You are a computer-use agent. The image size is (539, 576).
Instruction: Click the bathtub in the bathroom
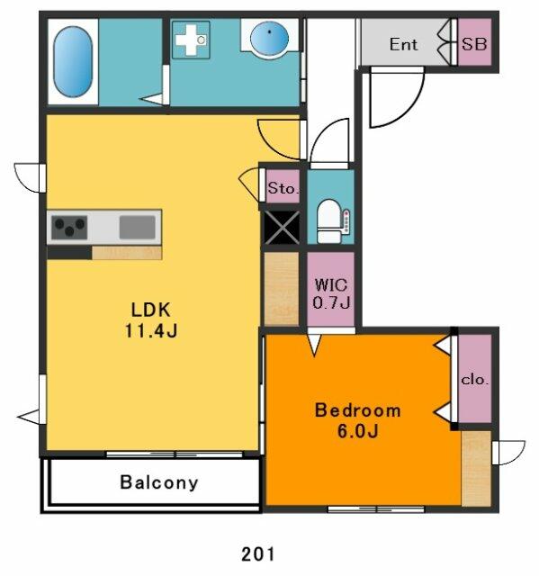coord(73,60)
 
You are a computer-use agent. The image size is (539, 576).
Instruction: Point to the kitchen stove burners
coord(68,227)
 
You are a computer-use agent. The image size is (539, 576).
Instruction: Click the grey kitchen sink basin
coord(138,226)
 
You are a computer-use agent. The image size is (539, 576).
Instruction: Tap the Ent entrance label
coord(403,44)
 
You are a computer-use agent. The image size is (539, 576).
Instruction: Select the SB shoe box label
coord(474,44)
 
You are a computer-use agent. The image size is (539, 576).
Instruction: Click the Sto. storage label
coord(283,189)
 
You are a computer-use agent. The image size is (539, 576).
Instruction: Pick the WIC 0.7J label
coord(330,294)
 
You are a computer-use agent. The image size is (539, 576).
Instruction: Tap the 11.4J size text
coord(150,330)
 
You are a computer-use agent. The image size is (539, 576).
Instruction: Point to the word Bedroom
coord(357,410)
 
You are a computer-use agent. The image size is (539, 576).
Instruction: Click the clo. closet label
coord(475,380)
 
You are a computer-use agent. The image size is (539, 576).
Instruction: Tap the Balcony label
coord(158,482)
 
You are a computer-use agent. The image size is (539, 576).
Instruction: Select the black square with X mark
coord(281,227)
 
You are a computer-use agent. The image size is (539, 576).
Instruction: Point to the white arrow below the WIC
coord(313,342)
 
